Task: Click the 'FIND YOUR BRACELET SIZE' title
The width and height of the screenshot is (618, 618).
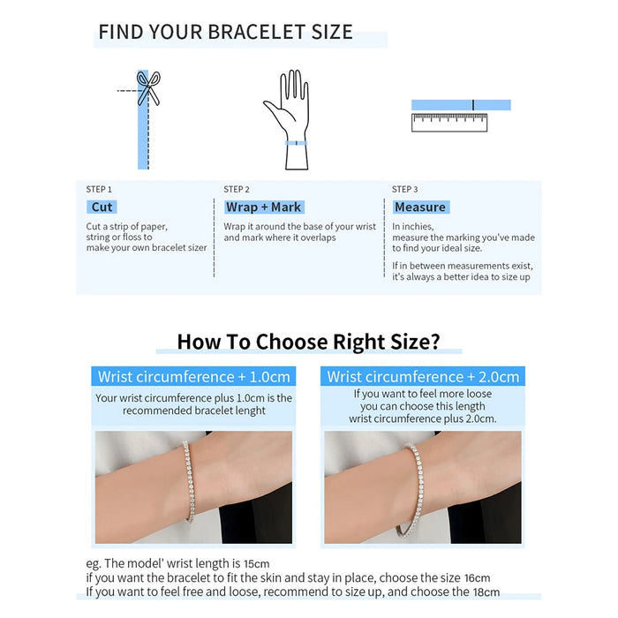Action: (225, 33)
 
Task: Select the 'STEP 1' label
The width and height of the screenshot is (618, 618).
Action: (99, 189)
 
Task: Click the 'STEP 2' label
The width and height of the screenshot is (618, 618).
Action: (237, 189)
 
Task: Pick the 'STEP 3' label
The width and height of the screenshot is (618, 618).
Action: (405, 189)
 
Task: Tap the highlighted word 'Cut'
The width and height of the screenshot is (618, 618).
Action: (102, 207)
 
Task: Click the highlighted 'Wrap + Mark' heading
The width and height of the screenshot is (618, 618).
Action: (263, 207)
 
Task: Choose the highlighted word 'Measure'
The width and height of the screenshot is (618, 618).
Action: (420, 207)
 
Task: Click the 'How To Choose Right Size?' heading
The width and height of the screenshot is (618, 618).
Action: (308, 342)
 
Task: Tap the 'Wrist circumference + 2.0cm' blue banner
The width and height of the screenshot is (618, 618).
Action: (422, 377)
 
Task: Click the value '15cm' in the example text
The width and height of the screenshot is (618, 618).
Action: (256, 563)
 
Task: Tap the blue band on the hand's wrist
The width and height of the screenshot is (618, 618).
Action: (295, 142)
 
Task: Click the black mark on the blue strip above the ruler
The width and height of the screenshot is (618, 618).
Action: (473, 105)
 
